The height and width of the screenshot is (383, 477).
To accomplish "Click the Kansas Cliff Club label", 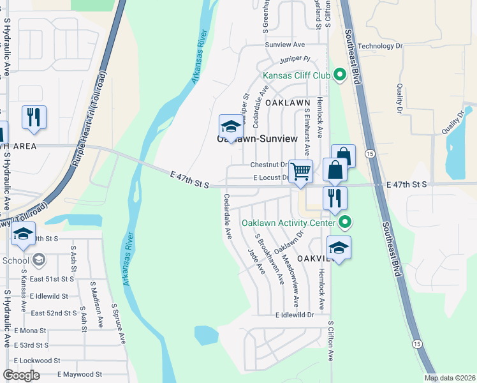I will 297,76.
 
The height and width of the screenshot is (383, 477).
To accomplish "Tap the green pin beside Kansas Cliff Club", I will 339,75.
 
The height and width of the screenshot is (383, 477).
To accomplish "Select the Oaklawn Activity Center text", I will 288,223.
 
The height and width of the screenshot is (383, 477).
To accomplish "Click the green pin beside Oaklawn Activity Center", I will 345,223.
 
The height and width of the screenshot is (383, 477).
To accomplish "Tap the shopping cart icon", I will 300,170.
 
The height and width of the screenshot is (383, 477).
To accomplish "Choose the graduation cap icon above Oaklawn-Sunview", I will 231,125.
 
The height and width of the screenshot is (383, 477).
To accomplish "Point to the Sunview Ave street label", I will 285,45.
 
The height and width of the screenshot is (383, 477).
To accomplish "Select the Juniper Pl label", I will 294,59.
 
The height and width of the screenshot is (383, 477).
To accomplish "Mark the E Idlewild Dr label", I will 295,315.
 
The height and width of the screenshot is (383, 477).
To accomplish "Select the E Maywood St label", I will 80,374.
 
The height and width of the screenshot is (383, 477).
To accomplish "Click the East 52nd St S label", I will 54,313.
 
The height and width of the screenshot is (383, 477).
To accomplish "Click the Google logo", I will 22,375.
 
